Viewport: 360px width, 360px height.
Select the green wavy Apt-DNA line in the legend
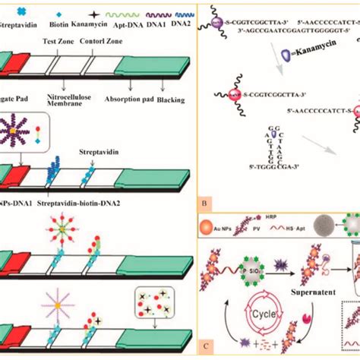point(124,14)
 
